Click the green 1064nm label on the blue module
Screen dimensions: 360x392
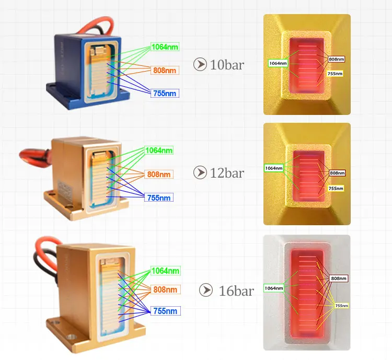165,47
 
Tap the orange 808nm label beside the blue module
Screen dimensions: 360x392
165,70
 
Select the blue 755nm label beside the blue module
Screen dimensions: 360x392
165,93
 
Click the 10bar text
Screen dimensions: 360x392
227,65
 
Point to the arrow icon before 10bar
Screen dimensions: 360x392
200,65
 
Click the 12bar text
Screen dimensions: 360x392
227,173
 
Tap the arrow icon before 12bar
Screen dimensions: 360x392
200,172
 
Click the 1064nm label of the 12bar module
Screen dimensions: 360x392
159,150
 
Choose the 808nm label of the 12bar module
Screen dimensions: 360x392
159,174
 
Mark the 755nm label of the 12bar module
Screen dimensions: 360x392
159,198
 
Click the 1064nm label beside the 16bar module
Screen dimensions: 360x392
165,271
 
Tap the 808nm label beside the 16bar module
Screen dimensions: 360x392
165,289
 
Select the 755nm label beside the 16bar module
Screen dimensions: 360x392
165,311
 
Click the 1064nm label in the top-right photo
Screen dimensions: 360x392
278,63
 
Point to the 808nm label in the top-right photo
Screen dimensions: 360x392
336,60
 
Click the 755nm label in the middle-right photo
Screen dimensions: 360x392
336,188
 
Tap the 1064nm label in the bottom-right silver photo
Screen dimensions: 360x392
273,288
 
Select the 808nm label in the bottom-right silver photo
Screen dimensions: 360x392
339,278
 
